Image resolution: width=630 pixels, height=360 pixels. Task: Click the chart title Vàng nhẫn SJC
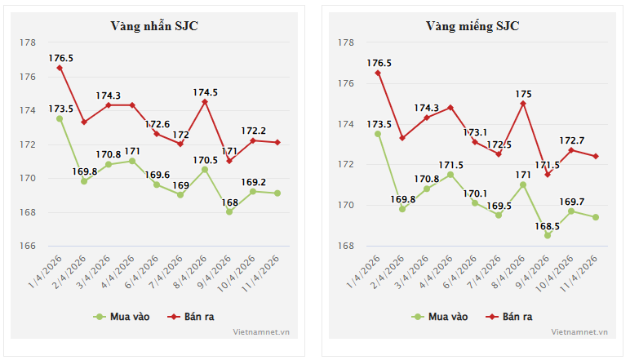tap(154, 25)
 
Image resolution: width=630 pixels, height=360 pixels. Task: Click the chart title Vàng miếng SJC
tap(472, 25)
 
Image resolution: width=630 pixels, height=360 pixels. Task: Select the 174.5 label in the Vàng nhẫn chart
tap(205, 92)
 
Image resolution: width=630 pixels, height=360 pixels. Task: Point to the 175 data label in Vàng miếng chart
tap(523, 94)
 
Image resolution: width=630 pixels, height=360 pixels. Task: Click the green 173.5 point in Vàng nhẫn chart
tap(60, 118)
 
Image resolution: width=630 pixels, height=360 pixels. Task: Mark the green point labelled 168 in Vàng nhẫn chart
tap(229, 212)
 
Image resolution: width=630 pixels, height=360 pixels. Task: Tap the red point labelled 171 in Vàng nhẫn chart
tap(229, 161)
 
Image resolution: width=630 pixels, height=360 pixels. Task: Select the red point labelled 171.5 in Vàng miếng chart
tap(548, 175)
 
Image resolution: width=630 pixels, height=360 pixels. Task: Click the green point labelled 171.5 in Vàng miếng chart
tap(450, 175)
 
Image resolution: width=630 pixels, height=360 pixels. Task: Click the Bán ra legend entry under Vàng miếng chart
tap(510, 316)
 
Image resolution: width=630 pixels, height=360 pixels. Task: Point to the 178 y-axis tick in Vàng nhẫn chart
tap(27, 42)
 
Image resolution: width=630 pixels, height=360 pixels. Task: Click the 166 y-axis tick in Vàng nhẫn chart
tap(27, 246)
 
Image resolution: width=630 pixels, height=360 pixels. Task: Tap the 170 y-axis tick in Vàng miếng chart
tap(345, 205)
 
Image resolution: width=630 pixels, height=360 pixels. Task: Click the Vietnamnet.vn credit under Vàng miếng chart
tap(579, 332)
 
